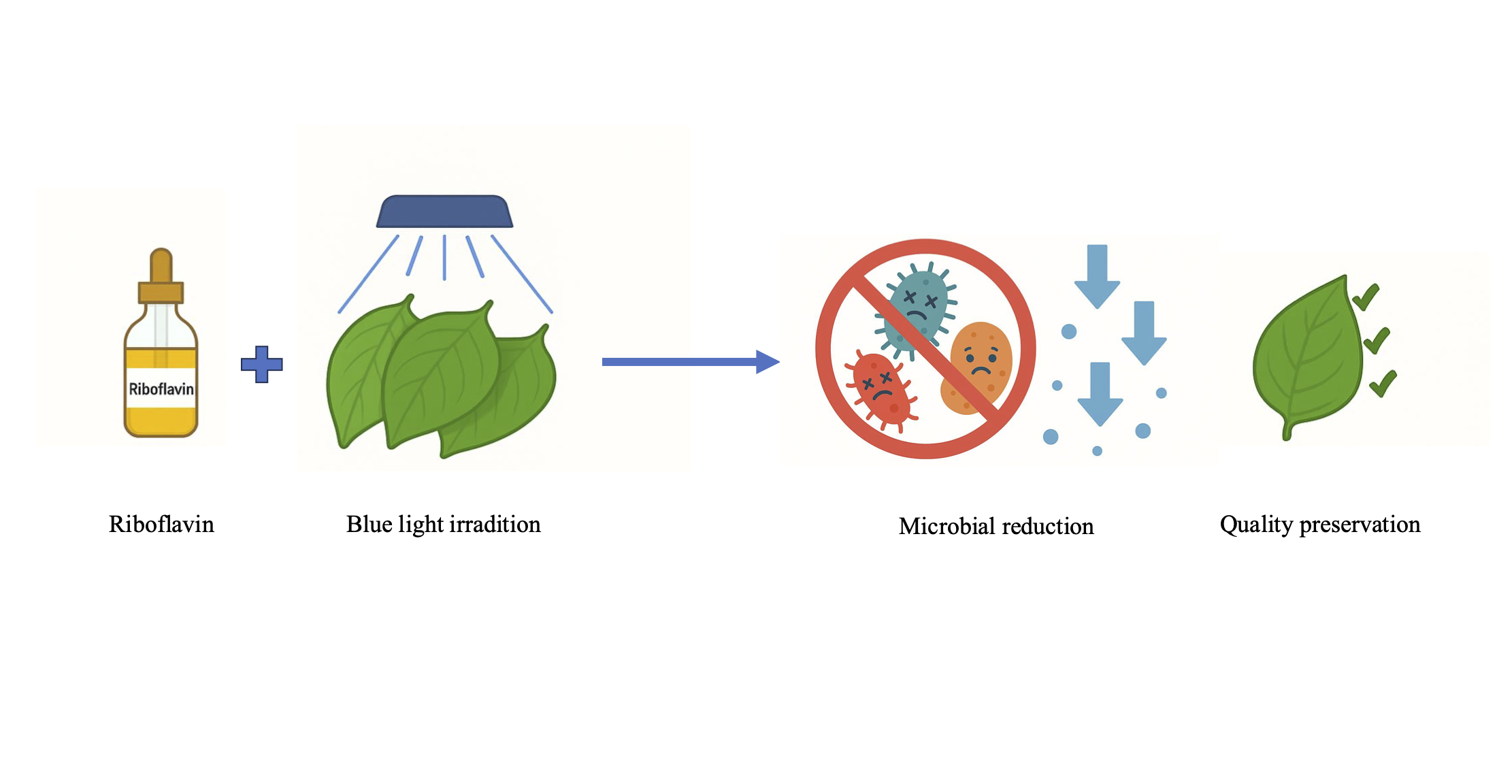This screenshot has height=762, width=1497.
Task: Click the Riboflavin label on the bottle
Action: point(161,389)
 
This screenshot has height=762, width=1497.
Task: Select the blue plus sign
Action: point(262,365)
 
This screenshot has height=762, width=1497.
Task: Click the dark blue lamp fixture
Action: point(444,212)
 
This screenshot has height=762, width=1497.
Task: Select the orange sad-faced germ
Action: point(978,367)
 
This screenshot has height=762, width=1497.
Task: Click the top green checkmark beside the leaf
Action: point(1366,297)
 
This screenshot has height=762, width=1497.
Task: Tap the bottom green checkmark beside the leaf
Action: point(1383,384)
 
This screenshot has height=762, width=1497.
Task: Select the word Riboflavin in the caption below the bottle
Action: point(161,525)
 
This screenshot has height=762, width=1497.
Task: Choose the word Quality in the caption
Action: point(1256,525)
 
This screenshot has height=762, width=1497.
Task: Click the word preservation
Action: point(1360,525)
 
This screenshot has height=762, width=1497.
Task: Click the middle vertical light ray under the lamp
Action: point(444,257)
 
